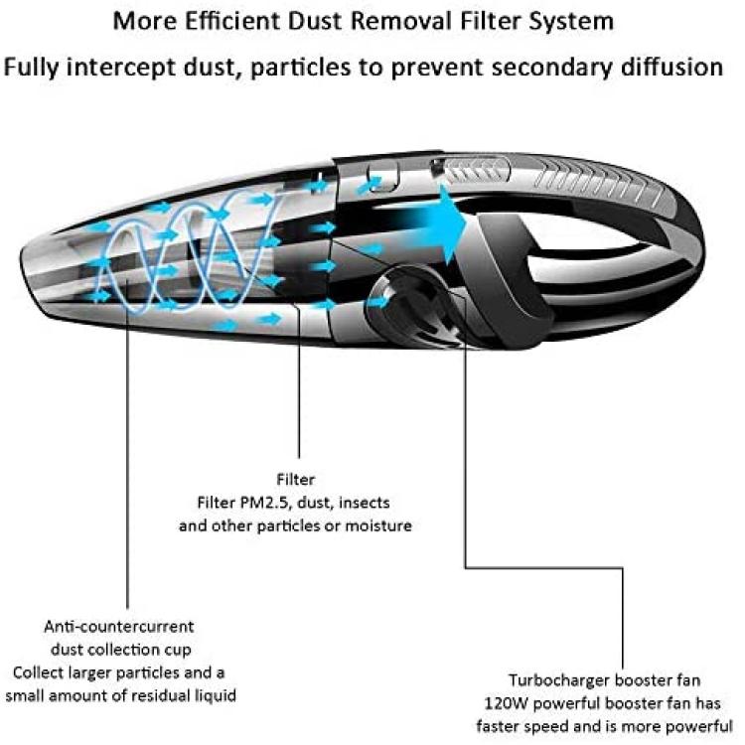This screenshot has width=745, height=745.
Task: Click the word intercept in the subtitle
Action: click(120, 68)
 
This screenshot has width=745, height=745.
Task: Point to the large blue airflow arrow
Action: click(427, 223)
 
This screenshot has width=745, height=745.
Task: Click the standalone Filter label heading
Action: click(296, 479)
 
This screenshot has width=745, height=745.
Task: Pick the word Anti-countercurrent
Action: click(119, 626)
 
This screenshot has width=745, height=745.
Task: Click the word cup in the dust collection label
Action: click(179, 651)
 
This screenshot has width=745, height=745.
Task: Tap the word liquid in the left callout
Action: click(216, 696)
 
